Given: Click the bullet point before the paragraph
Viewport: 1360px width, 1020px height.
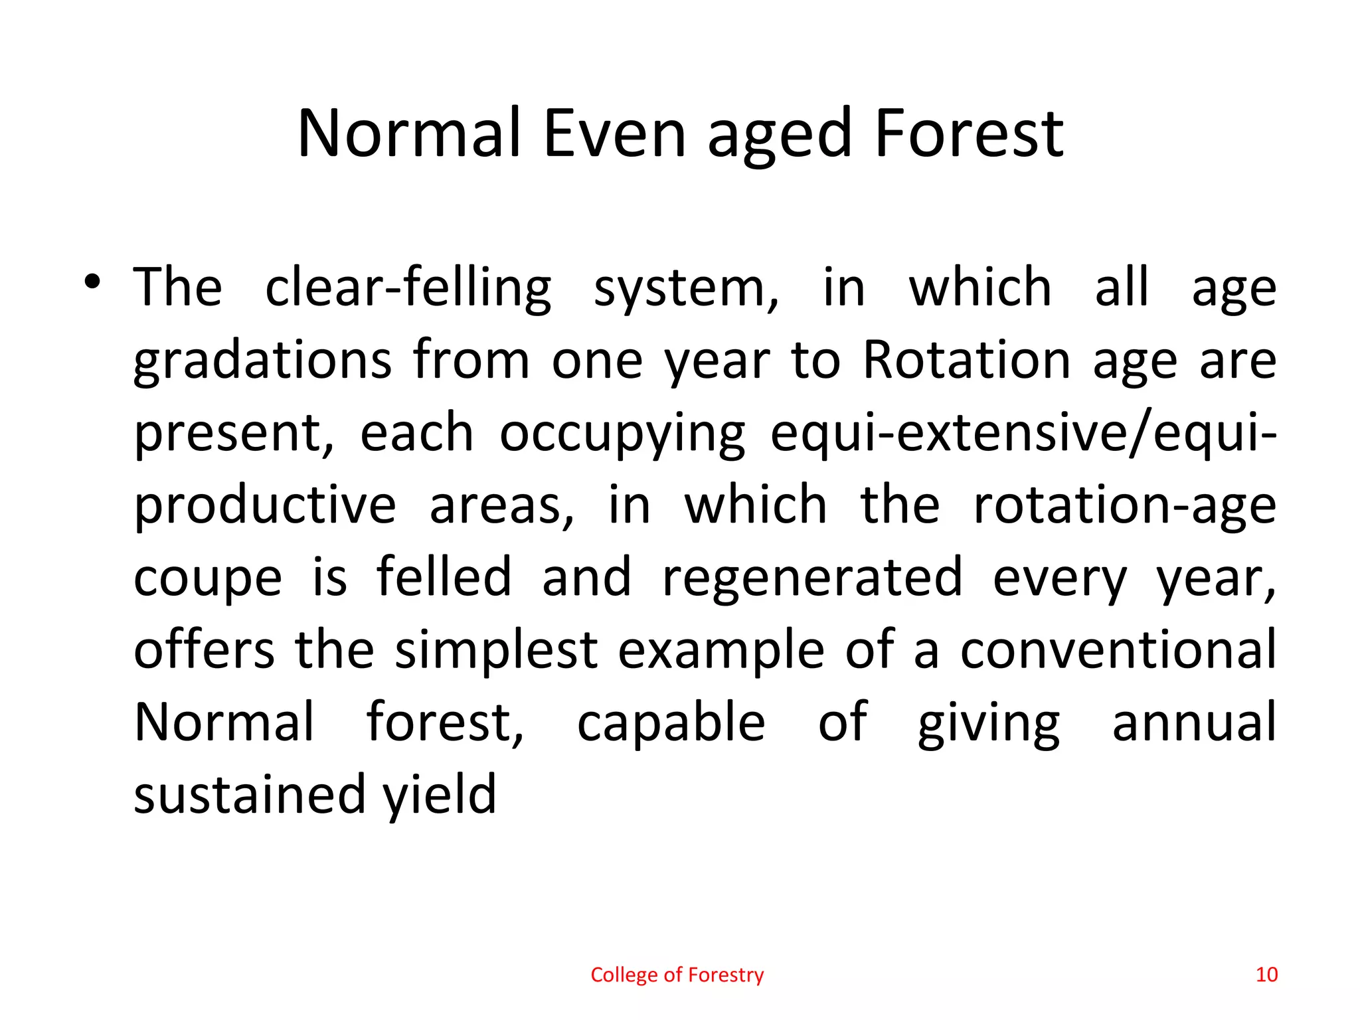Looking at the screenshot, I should click(92, 282).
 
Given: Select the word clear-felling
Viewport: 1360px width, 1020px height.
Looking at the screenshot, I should click(408, 288).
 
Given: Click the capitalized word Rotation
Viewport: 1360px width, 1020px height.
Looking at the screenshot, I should click(966, 360).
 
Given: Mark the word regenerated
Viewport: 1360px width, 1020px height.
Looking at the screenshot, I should click(812, 578).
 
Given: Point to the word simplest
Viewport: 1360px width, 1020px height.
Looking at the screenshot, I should click(496, 650).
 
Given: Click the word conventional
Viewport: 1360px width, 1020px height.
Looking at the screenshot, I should click(1118, 650).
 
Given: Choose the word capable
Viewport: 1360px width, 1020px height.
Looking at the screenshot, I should click(671, 722).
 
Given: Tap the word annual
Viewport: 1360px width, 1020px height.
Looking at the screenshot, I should click(1193, 722).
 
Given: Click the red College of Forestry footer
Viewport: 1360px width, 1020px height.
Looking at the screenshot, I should click(677, 975).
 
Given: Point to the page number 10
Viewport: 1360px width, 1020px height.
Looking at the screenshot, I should click(1266, 975).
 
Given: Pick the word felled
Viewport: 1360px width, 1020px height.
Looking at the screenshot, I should click(444, 578).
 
